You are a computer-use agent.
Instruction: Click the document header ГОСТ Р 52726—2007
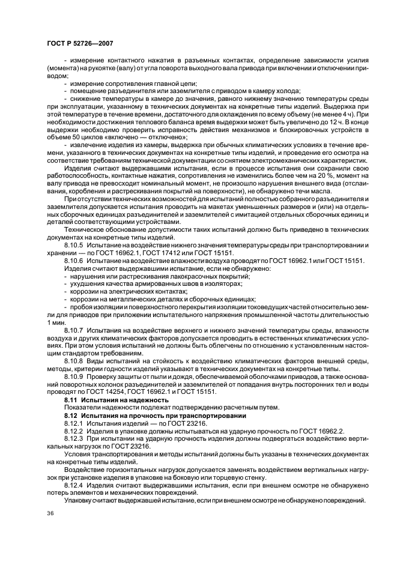click(79, 43)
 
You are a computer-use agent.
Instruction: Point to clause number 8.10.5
click(74, 246)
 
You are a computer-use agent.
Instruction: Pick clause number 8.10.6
click(74, 261)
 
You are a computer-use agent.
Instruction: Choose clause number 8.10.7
click(74, 330)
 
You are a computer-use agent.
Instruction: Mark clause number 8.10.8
click(74, 361)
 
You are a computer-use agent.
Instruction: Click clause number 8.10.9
click(74, 377)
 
